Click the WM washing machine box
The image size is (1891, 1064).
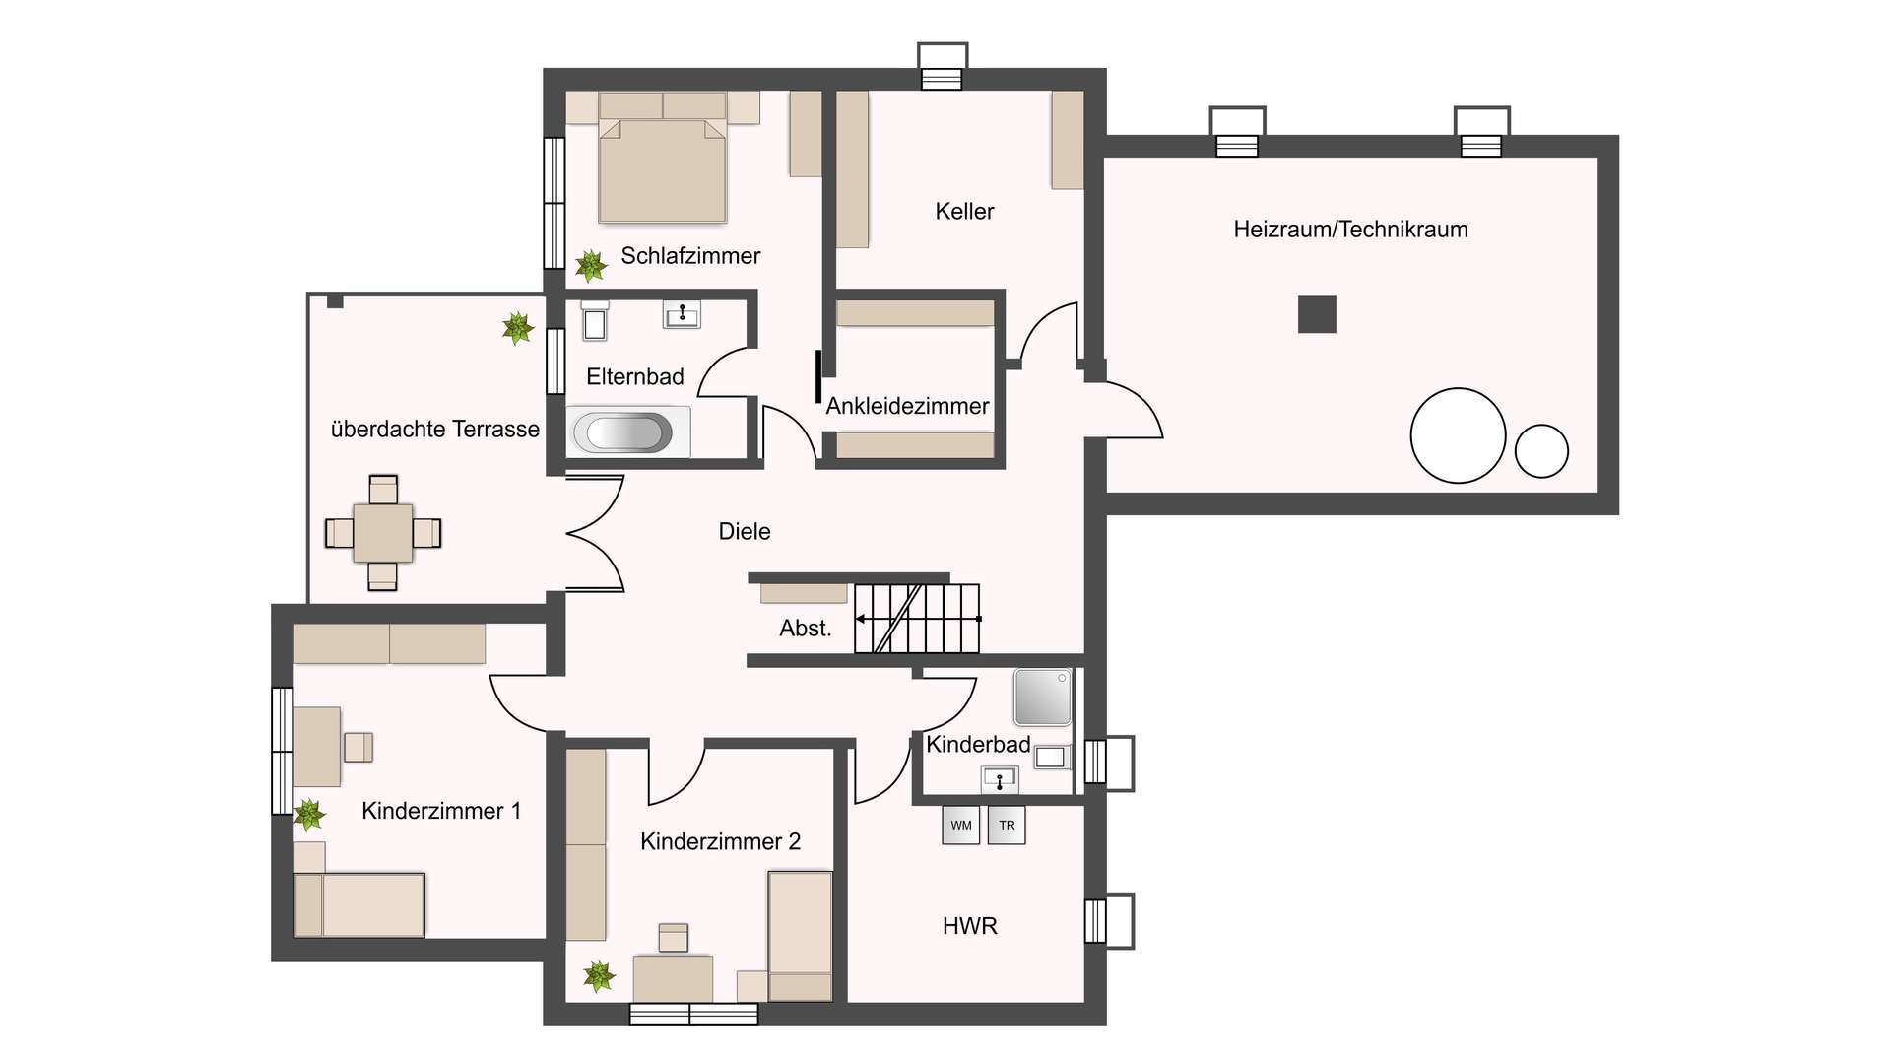(x=960, y=826)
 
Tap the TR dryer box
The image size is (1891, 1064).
(x=1007, y=826)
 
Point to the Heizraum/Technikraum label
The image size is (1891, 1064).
(x=1350, y=230)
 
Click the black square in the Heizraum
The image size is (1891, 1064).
(x=1317, y=314)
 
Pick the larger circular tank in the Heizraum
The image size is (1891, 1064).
(x=1458, y=435)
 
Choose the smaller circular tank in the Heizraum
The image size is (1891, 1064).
(x=1541, y=451)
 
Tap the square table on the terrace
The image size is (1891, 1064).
(x=383, y=533)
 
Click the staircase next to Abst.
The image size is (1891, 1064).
(x=917, y=619)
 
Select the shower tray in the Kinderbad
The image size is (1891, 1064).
(x=1042, y=697)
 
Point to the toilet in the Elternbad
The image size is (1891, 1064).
(x=595, y=321)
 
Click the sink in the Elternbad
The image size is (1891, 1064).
(x=682, y=314)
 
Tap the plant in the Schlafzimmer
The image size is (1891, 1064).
(x=591, y=265)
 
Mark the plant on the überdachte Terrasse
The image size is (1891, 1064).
(x=518, y=328)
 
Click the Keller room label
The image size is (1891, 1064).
(x=964, y=211)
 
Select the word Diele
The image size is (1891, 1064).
(x=745, y=531)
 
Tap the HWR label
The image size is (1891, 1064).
(x=970, y=926)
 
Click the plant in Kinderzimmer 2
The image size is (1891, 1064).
(x=599, y=975)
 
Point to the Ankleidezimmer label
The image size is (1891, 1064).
(x=907, y=406)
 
